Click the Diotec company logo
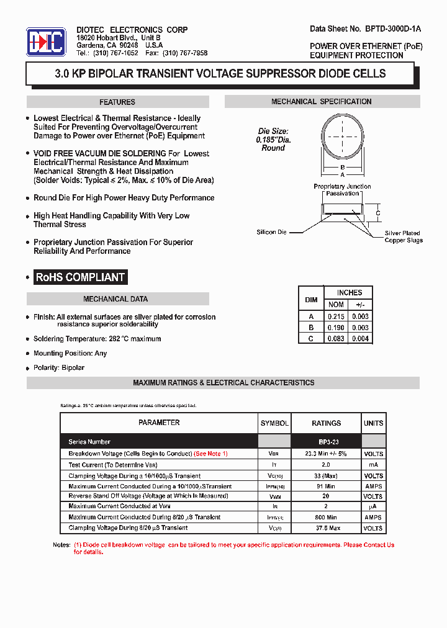(46, 42)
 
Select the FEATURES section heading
(117, 102)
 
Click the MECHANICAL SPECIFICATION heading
(322, 102)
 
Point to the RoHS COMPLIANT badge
(81, 277)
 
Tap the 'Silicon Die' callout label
(272, 232)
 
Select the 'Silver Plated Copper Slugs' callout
(403, 236)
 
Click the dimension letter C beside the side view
(378, 213)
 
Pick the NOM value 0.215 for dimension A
(336, 316)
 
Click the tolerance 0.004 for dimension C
(360, 338)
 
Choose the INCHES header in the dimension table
(349, 292)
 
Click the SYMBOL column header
(274, 423)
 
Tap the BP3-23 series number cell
(326, 442)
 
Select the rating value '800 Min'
(326, 517)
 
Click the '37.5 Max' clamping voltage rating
(326, 528)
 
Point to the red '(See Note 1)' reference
(211, 454)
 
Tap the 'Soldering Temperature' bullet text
(97, 339)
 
